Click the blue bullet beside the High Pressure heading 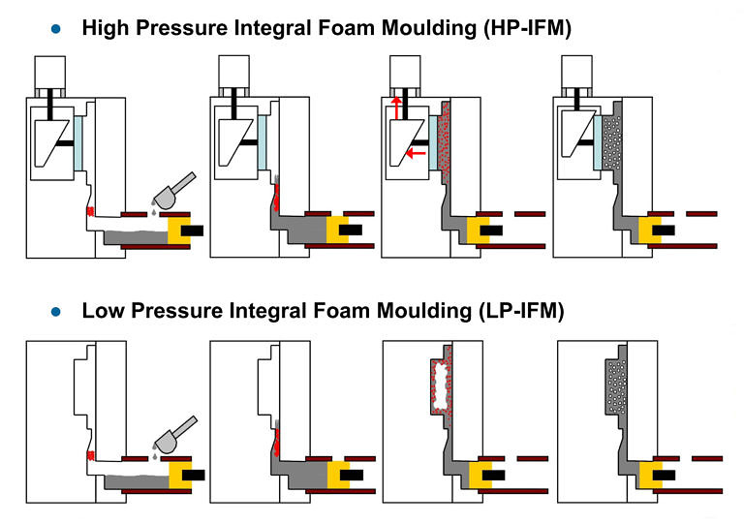tap(55, 30)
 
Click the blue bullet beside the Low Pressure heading tap(55, 312)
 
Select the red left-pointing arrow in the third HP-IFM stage tap(417, 153)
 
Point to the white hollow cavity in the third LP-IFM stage tap(443, 381)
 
